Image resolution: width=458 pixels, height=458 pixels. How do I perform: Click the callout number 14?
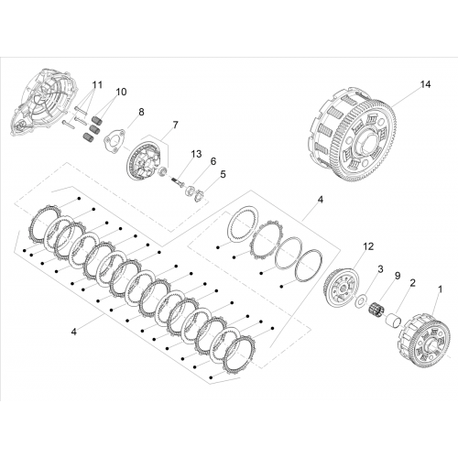pos(425,84)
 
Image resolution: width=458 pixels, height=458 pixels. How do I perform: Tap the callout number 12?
pos(369,246)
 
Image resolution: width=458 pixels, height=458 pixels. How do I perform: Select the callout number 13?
pos(196,154)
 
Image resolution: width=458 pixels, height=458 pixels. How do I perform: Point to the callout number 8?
pos(141,112)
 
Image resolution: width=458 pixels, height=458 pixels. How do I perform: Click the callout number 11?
pos(97,84)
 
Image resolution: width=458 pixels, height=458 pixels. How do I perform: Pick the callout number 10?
pos(121,92)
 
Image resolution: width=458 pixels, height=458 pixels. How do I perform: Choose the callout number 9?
pos(398,276)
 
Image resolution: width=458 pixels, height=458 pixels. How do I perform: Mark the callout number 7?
pos(175,125)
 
